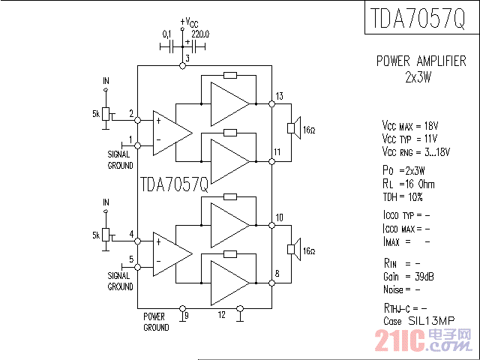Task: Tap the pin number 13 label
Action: pyautogui.click(x=279, y=96)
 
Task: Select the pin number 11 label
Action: pyautogui.click(x=277, y=152)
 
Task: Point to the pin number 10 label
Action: pyautogui.click(x=279, y=218)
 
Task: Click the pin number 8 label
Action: pyautogui.click(x=277, y=274)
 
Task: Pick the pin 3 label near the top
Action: pyautogui.click(x=187, y=58)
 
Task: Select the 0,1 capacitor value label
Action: pyautogui.click(x=167, y=34)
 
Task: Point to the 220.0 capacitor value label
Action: pyautogui.click(x=200, y=34)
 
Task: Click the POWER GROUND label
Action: pyautogui.click(x=156, y=322)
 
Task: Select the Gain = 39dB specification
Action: pyautogui.click(x=409, y=277)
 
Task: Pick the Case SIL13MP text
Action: pyautogui.click(x=418, y=321)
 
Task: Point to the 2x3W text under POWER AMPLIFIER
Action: pyautogui.click(x=418, y=76)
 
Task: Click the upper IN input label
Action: pyautogui.click(x=106, y=80)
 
